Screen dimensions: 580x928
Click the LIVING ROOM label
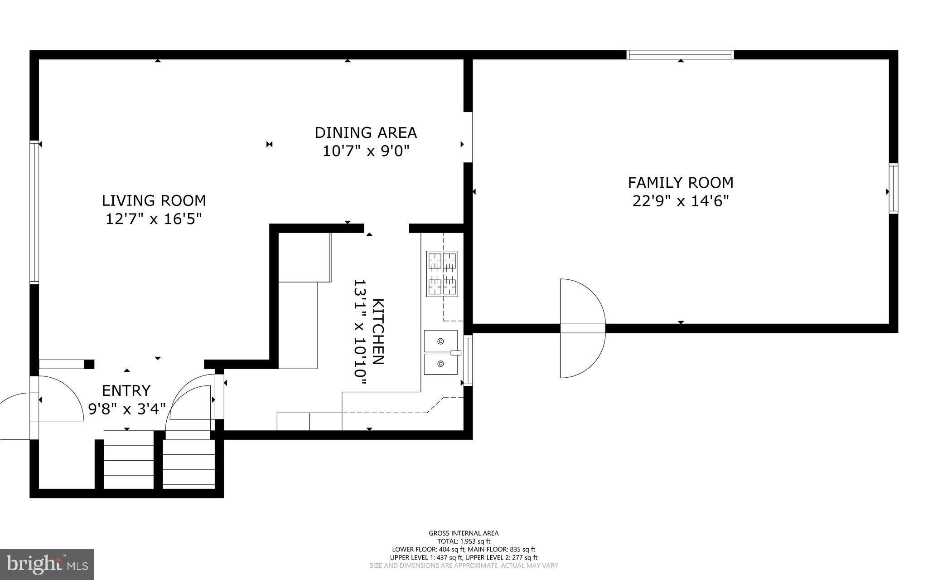click(154, 200)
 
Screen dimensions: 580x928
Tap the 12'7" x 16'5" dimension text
click(154, 219)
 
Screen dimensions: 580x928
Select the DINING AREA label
click(366, 133)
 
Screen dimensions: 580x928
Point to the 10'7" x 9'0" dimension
click(366, 151)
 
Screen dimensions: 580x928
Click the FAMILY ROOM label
click(680, 183)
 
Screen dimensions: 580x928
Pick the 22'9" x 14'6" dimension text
click(680, 200)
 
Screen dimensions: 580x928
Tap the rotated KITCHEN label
click(378, 331)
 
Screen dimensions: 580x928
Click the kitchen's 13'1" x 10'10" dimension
click(360, 332)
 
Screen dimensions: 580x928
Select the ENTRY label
click(126, 390)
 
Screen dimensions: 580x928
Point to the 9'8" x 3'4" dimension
click(126, 409)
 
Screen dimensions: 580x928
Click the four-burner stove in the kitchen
click(441, 273)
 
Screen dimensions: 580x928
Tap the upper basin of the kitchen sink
click(440, 341)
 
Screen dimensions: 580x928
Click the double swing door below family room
click(583, 328)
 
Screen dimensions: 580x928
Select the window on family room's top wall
click(680, 55)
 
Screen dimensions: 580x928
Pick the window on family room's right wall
click(893, 189)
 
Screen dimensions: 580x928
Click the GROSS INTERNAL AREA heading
click(464, 533)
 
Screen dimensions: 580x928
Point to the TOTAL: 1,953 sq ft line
click(464, 541)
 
